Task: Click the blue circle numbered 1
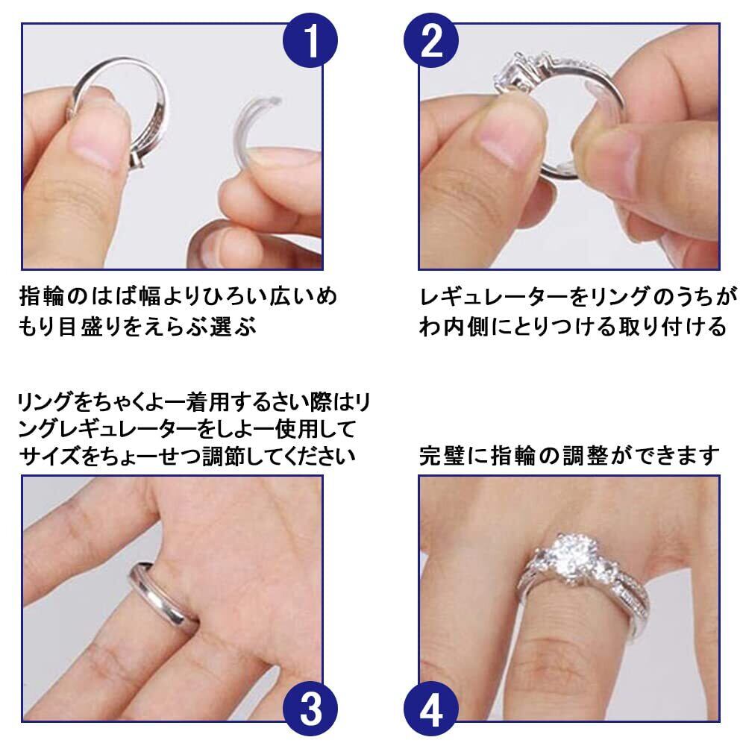310,40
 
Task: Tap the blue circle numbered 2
431,40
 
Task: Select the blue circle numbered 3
310,709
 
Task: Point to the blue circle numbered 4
431,709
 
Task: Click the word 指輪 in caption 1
42,296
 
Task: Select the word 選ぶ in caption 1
233,327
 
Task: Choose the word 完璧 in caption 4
442,455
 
